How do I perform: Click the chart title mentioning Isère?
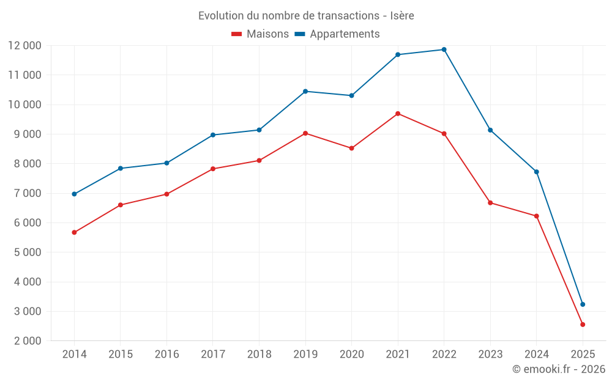[x=306, y=16]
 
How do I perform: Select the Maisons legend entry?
[x=260, y=34]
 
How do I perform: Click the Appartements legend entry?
[x=337, y=34]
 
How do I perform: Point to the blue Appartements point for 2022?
[x=444, y=50]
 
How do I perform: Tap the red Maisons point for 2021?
[x=398, y=114]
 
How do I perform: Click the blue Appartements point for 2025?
[x=583, y=304]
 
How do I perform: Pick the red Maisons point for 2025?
[x=583, y=325]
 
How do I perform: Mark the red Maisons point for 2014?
[x=74, y=232]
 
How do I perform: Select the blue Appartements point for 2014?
[x=74, y=194]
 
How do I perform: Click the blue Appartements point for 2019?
[x=305, y=91]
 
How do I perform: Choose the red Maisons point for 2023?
[x=490, y=203]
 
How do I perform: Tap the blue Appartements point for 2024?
[x=537, y=172]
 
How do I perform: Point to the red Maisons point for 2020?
[x=351, y=148]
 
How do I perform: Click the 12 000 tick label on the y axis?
[x=24, y=46]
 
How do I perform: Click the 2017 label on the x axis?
[x=213, y=354]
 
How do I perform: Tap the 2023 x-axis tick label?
[x=490, y=354]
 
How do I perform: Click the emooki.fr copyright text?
[x=558, y=369]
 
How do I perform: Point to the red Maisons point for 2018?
[x=259, y=160]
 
